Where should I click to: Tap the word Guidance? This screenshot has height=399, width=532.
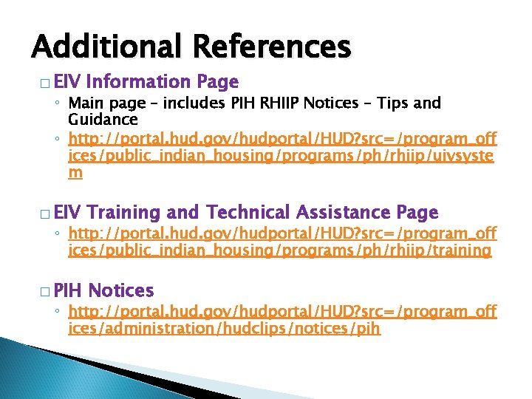pos(103,119)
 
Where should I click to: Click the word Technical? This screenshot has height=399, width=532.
pos(249,213)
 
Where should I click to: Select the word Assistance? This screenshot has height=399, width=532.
pos(344,213)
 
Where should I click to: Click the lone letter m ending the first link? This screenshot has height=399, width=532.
pos(75,173)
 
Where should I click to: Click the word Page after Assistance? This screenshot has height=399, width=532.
pos(417,213)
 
